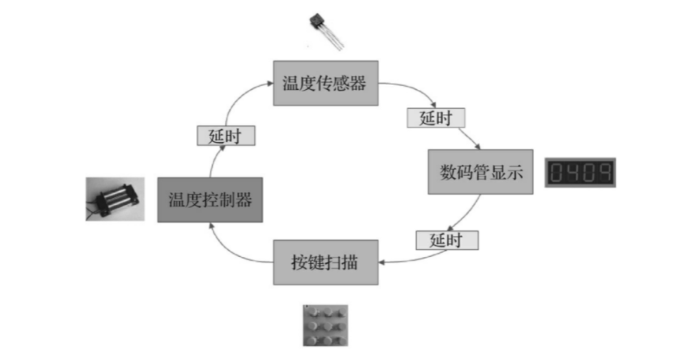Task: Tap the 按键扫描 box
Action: pos(326,260)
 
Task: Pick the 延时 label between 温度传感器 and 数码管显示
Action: pos(435,118)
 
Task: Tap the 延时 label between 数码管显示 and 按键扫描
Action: pos(446,239)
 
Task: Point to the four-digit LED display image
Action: pos(581,173)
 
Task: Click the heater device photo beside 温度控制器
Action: pos(115,199)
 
